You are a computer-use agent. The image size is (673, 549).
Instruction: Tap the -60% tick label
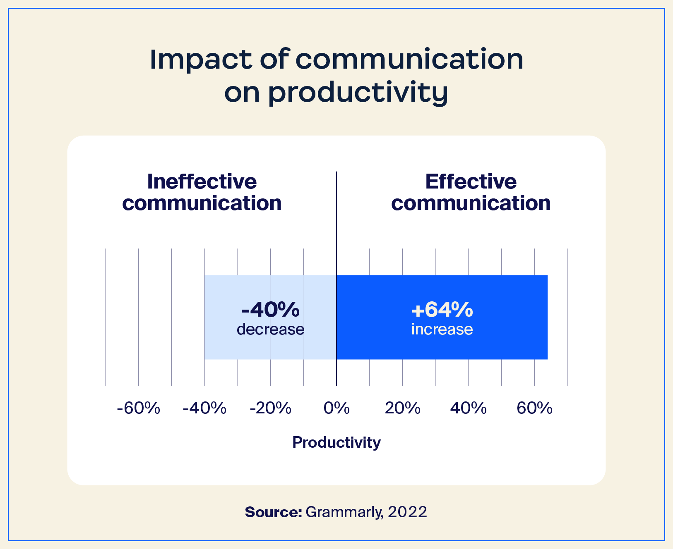coord(138,408)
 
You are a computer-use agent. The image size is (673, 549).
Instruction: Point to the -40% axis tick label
coord(204,408)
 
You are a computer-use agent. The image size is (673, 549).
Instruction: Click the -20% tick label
coord(271,408)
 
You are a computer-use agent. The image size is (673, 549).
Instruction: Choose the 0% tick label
coord(336,408)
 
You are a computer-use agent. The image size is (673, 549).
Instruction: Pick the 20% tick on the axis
coord(402,408)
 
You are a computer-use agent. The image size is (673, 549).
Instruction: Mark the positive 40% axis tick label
coord(468,408)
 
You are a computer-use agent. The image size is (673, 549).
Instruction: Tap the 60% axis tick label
coord(534,408)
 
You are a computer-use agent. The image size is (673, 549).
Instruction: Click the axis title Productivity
coord(336,442)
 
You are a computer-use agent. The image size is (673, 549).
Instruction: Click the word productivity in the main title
coord(358,93)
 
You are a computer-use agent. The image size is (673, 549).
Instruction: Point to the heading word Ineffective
coord(202,181)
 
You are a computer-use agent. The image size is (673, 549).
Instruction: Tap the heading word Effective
coord(471,181)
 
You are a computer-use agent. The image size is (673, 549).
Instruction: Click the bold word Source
coord(273,512)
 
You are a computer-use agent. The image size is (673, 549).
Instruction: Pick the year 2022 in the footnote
coord(407,512)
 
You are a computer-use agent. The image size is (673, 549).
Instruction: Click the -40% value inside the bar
coord(270,310)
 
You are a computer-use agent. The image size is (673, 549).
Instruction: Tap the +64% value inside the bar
coord(442,310)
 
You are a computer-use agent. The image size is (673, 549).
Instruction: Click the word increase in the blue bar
coord(442,329)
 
